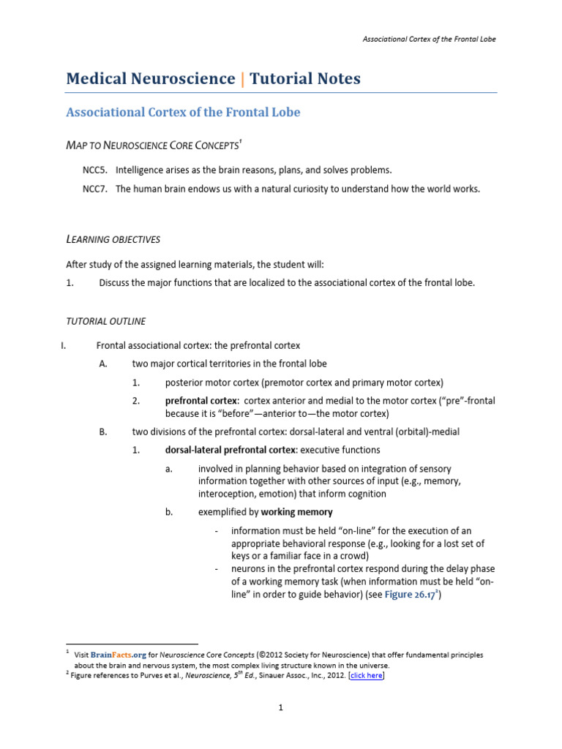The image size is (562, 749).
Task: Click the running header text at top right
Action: (429, 39)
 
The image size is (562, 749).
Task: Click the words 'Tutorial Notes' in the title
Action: (305, 79)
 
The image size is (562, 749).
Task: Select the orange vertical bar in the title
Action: (243, 79)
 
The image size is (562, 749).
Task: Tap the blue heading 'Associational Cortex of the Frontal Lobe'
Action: (183, 113)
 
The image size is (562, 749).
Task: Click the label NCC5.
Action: (94, 170)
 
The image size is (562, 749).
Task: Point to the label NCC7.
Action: (94, 189)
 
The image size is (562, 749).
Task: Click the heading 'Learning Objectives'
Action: (113, 239)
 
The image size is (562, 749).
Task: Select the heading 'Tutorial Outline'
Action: (105, 321)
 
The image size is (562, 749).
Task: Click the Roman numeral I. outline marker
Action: (64, 345)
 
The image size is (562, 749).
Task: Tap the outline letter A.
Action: (103, 364)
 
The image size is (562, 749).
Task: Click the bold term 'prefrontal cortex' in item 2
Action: (201, 401)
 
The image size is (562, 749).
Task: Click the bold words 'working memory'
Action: (296, 512)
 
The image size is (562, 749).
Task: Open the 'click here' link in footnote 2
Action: (366, 676)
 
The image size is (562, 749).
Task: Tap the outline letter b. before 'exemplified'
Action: (169, 512)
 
